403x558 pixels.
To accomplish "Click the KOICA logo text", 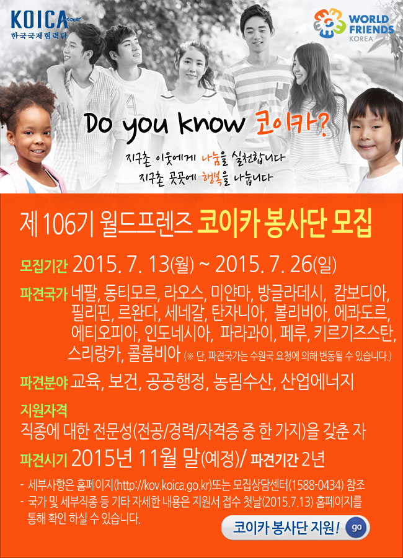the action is (x=39, y=20).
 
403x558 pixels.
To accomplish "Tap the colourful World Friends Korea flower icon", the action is (x=329, y=24).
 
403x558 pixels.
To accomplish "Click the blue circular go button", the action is (x=356, y=527).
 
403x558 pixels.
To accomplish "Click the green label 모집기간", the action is (x=43, y=265).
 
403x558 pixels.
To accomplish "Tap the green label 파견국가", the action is (x=43, y=294).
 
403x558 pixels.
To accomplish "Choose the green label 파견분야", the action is (x=43, y=382).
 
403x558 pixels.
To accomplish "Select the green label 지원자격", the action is (x=43, y=410).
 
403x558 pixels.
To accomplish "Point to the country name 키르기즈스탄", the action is (x=354, y=333).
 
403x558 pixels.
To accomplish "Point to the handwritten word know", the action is (x=212, y=123).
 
